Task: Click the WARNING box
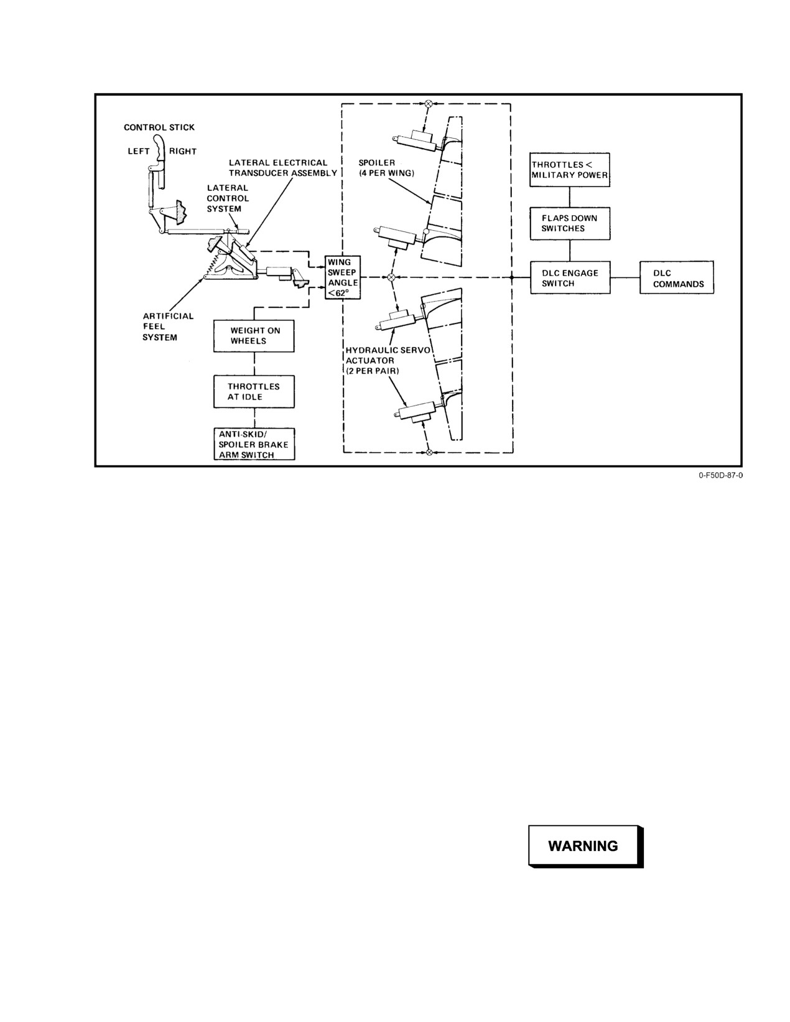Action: (x=585, y=846)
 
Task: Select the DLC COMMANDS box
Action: (x=677, y=278)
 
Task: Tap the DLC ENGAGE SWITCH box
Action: (x=570, y=278)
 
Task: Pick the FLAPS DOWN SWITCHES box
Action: (x=570, y=223)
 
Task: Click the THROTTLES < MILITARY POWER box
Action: (x=570, y=170)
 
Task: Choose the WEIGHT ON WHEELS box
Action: (x=254, y=336)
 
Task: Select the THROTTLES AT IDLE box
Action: (x=254, y=391)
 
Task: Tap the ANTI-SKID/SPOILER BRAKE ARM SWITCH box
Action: (x=254, y=444)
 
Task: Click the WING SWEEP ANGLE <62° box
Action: (x=343, y=277)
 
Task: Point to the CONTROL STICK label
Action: (x=159, y=128)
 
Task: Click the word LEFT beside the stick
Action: (x=139, y=151)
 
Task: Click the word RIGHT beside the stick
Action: (x=183, y=151)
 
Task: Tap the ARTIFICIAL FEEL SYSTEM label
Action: (x=168, y=327)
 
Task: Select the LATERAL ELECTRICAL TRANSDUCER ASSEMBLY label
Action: (x=283, y=168)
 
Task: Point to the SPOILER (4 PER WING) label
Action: (x=386, y=168)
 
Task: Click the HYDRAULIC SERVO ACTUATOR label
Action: (x=388, y=360)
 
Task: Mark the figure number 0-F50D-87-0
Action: (x=721, y=475)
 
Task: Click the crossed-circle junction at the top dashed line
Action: (x=429, y=103)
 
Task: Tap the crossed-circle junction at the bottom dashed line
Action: (x=429, y=452)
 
